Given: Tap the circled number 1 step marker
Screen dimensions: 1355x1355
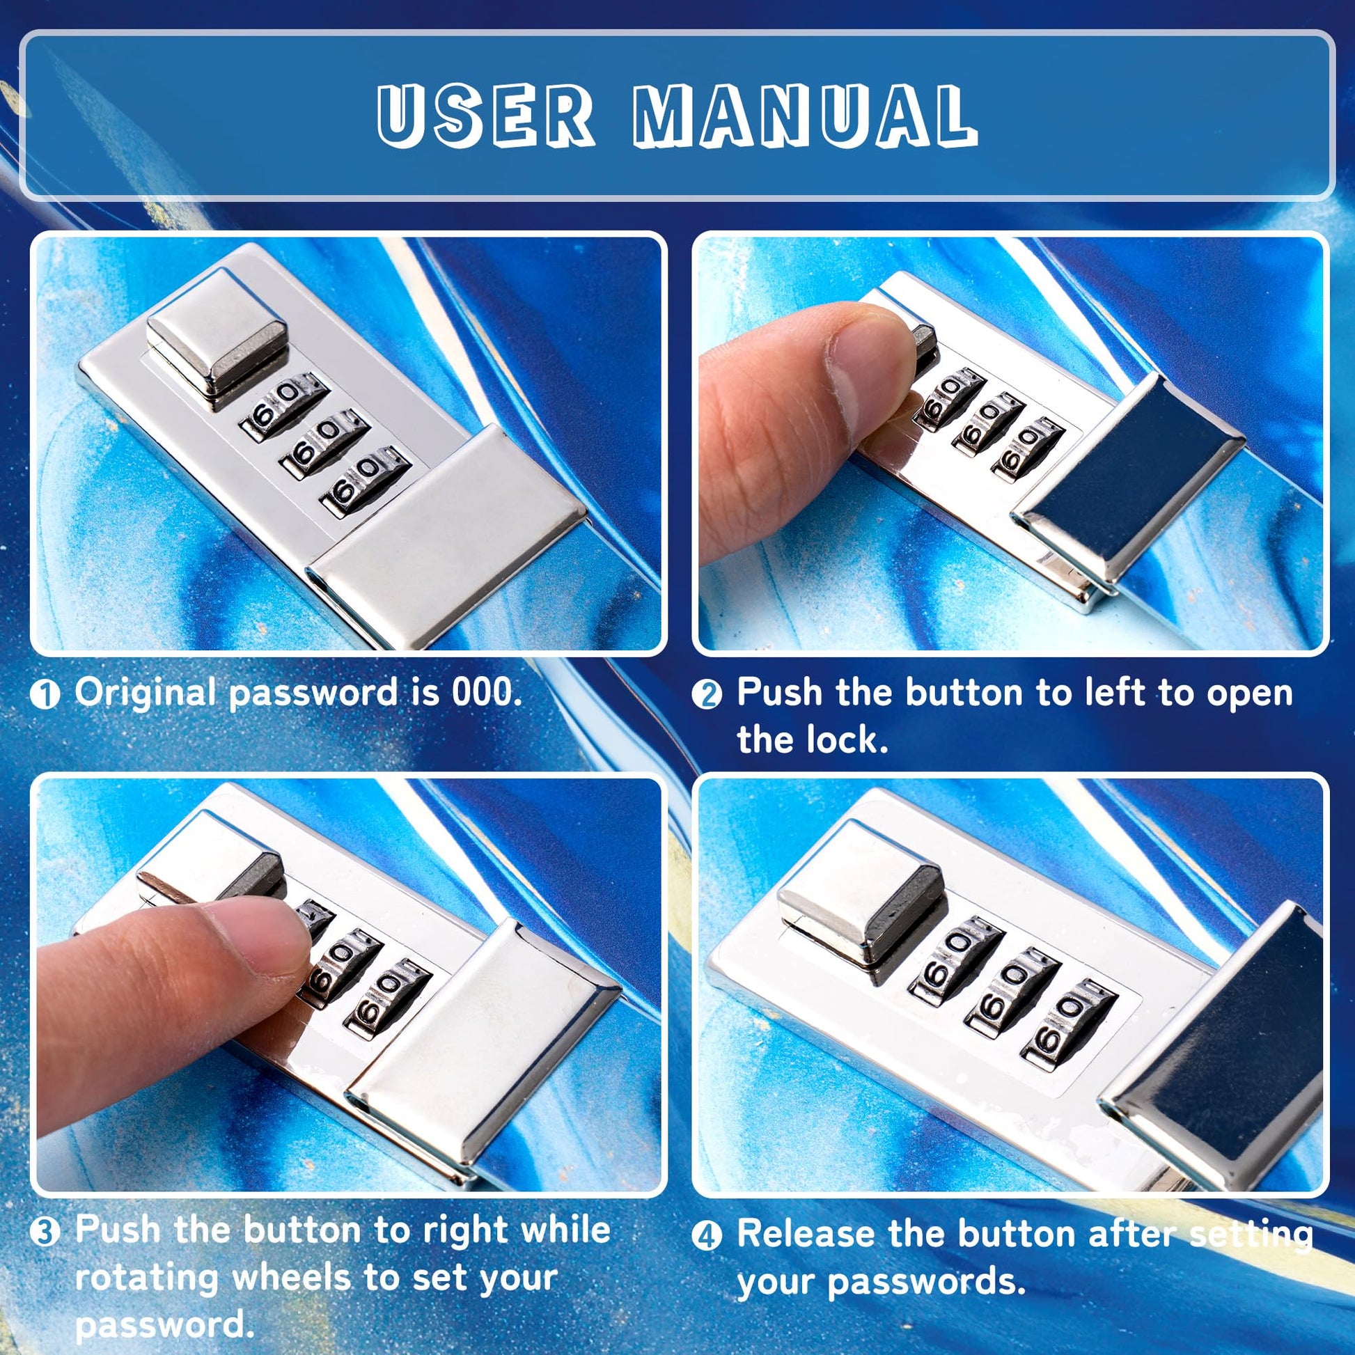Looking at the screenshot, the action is click(x=46, y=695).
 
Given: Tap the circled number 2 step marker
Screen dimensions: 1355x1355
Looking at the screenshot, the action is click(x=707, y=695).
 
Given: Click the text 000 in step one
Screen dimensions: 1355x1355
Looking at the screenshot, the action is click(x=487, y=693).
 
